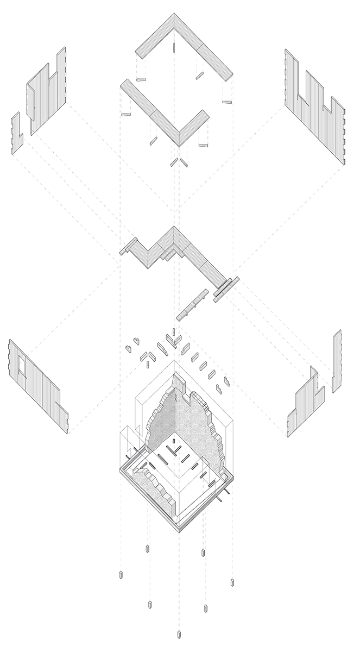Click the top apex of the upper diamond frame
pos(174,18)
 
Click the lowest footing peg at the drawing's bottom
pos(179,633)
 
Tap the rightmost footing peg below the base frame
pos(232,582)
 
